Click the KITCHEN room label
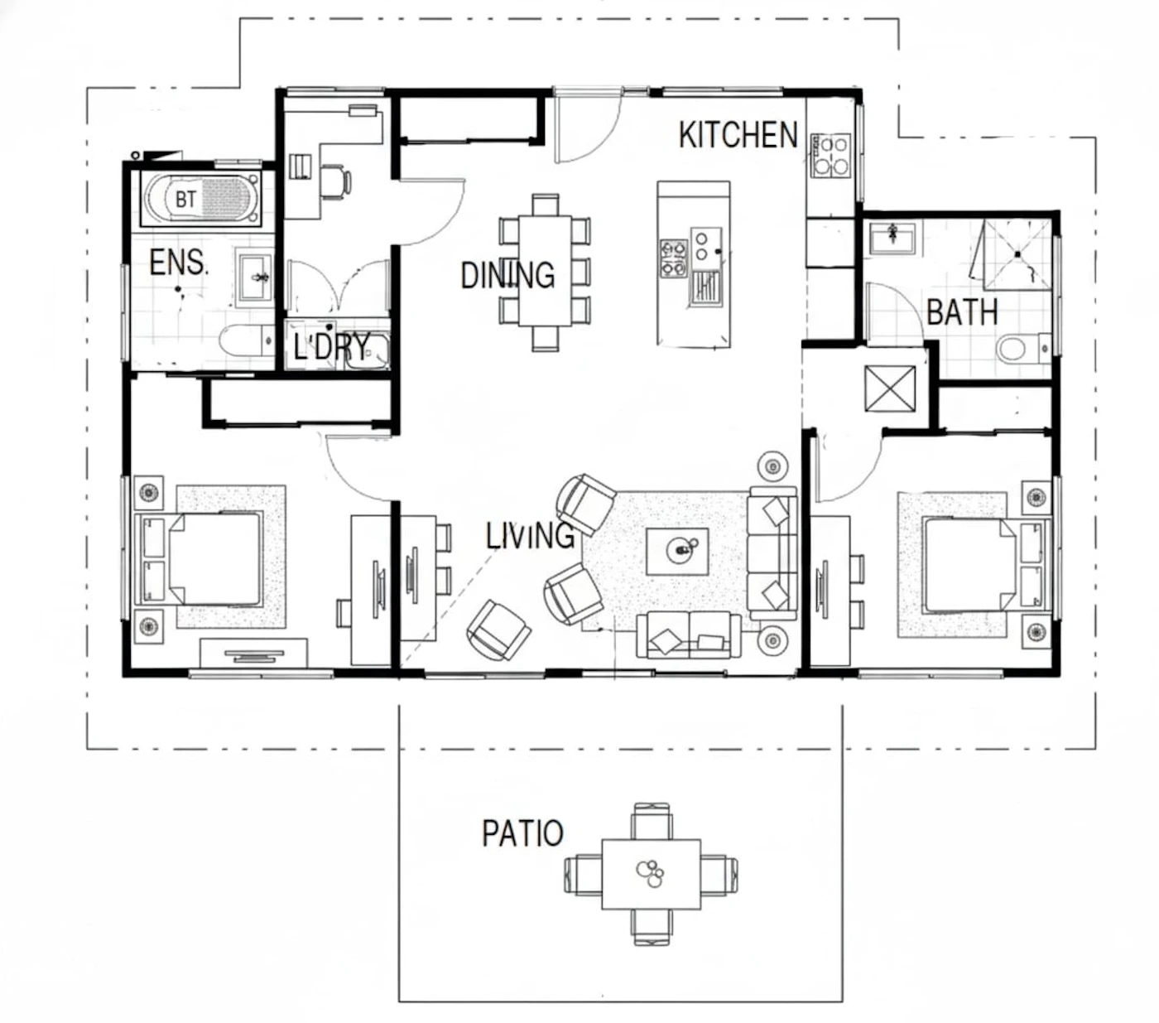(737, 135)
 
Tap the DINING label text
(507, 275)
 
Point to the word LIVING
(529, 536)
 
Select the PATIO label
(522, 833)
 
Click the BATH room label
(961, 312)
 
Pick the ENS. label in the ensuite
(178, 263)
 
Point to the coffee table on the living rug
(676, 551)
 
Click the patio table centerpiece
(649, 874)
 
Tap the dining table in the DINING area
(545, 270)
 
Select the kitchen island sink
(705, 287)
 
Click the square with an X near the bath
(889, 388)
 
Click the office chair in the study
(335, 181)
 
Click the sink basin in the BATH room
(892, 238)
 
